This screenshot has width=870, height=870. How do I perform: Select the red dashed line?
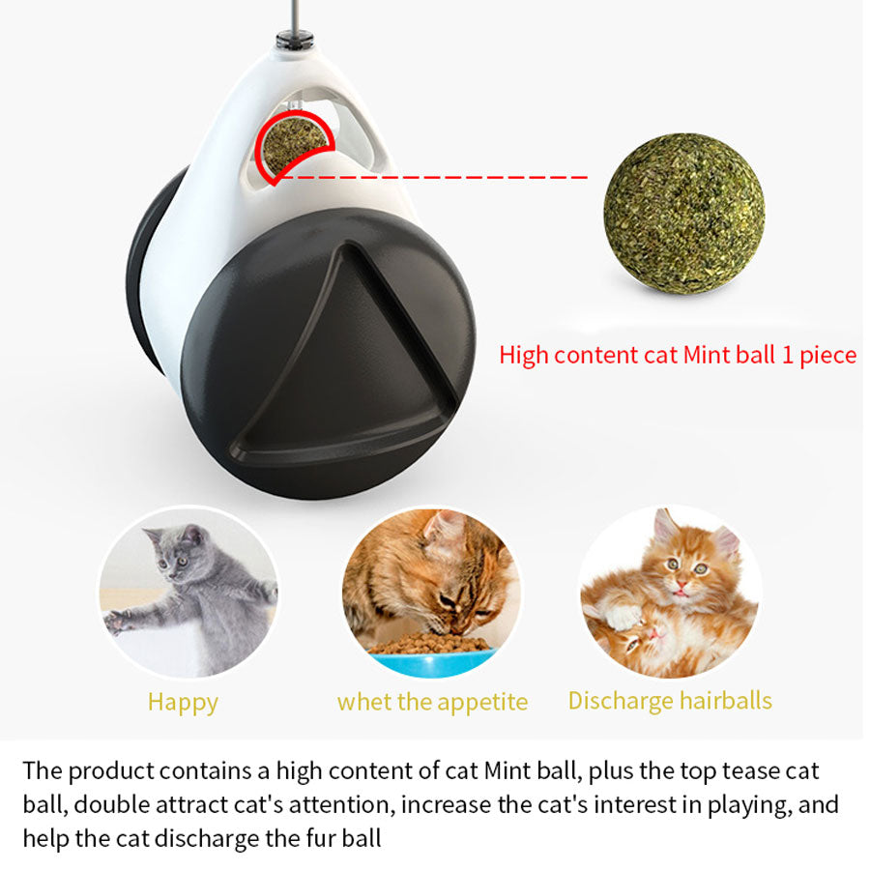click(435, 177)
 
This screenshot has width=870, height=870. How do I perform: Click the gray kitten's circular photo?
click(188, 592)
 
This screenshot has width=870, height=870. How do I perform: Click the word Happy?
click(183, 702)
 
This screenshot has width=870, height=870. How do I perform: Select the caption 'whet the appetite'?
click(432, 702)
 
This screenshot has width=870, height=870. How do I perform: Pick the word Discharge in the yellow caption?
click(614, 700)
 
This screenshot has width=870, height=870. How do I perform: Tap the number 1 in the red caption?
click(788, 355)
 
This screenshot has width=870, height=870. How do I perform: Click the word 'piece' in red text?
click(828, 356)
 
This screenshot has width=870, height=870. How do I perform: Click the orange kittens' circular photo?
click(670, 592)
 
